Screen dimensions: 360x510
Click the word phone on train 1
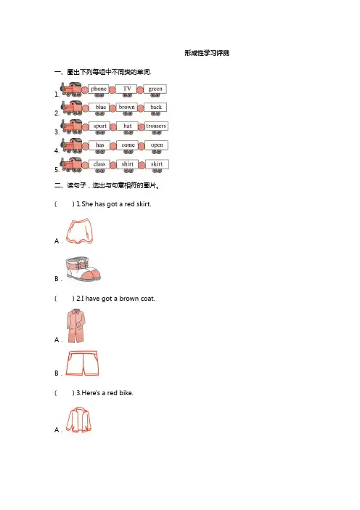[99, 89]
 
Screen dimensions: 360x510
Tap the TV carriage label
[127, 89]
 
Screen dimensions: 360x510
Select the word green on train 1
[155, 89]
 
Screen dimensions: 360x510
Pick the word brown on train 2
[127, 107]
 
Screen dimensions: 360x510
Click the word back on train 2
[156, 107]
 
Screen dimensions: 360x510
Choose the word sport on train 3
[100, 126]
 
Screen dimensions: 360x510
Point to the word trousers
[156, 126]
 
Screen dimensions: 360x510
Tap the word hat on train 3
[128, 126]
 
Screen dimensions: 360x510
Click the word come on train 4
[128, 145]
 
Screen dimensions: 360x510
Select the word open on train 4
[157, 145]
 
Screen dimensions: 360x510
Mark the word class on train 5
[99, 164]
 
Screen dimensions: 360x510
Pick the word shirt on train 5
[128, 164]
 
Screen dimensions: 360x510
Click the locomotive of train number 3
[71, 126]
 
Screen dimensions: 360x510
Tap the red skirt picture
[80, 231]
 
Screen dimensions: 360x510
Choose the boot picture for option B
[83, 269]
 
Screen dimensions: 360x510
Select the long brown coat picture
[76, 326]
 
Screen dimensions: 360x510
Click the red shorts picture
[82, 363]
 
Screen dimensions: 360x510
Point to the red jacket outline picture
[78, 420]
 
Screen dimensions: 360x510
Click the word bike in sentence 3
[126, 393]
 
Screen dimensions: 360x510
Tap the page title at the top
[207, 53]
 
